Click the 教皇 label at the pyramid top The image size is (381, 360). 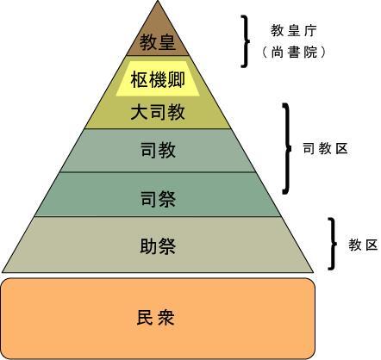(x=158, y=42)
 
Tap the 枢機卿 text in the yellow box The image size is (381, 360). (x=158, y=79)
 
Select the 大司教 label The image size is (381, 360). (x=158, y=112)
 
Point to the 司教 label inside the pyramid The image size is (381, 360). (x=158, y=150)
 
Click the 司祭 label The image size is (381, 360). (x=158, y=199)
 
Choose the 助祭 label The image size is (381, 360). (x=158, y=245)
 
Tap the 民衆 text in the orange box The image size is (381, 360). (x=156, y=318)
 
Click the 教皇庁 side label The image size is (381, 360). (x=294, y=30)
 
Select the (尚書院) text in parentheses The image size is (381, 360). (x=294, y=53)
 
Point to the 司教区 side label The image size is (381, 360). (x=326, y=149)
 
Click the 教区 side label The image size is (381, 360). (x=363, y=245)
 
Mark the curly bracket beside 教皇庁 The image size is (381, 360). (x=245, y=41)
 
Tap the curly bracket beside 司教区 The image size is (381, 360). (x=287, y=149)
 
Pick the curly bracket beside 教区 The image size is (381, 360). (x=333, y=244)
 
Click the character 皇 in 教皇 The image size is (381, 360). (x=167, y=42)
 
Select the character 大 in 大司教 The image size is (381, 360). (x=140, y=112)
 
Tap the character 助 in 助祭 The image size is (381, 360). (x=148, y=245)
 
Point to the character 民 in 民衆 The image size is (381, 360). (x=145, y=318)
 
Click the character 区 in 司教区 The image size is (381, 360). (x=341, y=149)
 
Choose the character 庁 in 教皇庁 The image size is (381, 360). (x=310, y=30)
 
